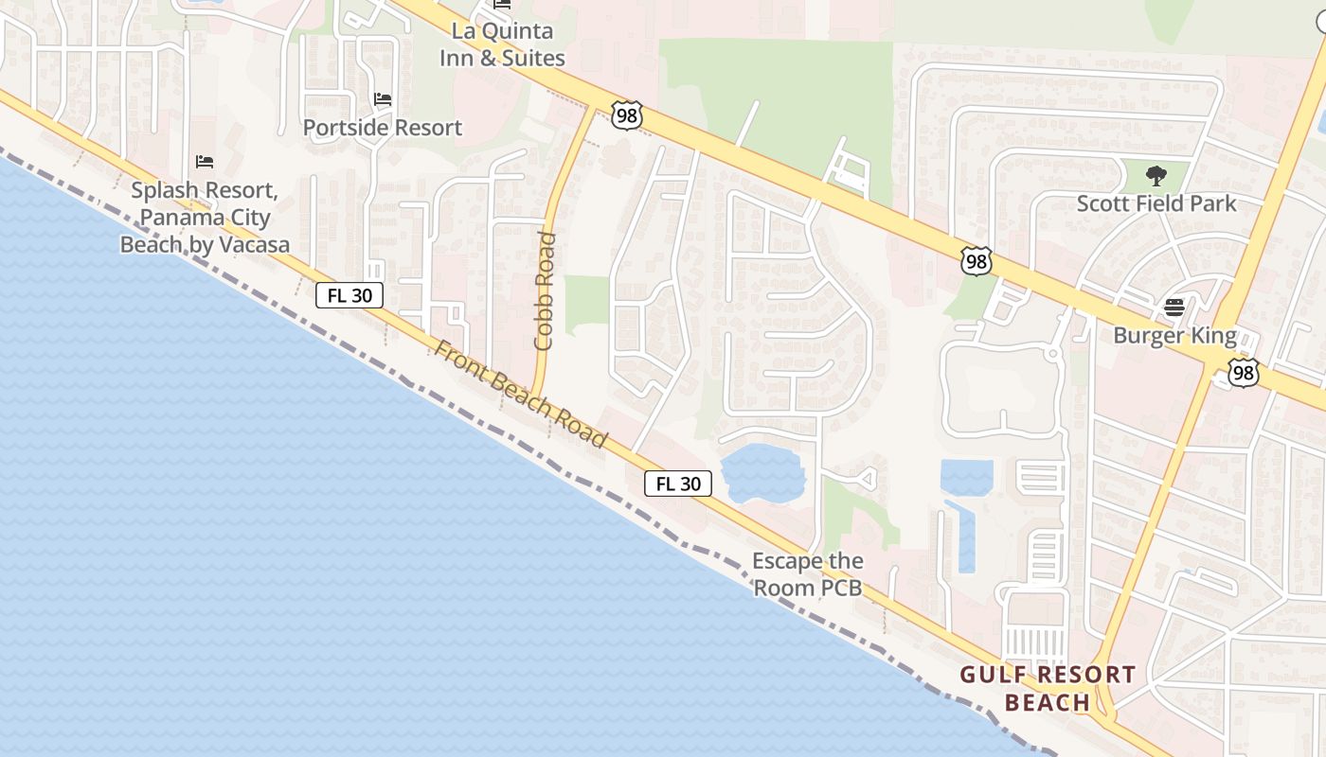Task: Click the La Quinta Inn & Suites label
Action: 502,44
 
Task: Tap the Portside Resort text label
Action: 383,128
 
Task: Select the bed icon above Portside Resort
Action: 383,99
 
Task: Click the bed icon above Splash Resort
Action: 204,162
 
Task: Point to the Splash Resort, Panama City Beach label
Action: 205,218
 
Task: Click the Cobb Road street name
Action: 545,290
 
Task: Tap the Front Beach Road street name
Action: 520,394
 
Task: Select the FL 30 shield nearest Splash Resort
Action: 349,295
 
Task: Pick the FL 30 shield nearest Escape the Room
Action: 678,484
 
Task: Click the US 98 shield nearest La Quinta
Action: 627,115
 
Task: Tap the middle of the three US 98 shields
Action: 976,261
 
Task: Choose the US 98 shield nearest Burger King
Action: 1244,373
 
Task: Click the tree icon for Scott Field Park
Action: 1156,175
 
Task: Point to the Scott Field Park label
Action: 1156,203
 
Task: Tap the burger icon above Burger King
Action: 1174,308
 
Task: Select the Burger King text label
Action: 1174,336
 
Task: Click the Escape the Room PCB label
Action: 808,574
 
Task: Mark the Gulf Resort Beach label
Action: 1048,688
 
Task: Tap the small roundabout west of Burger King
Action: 1051,354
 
